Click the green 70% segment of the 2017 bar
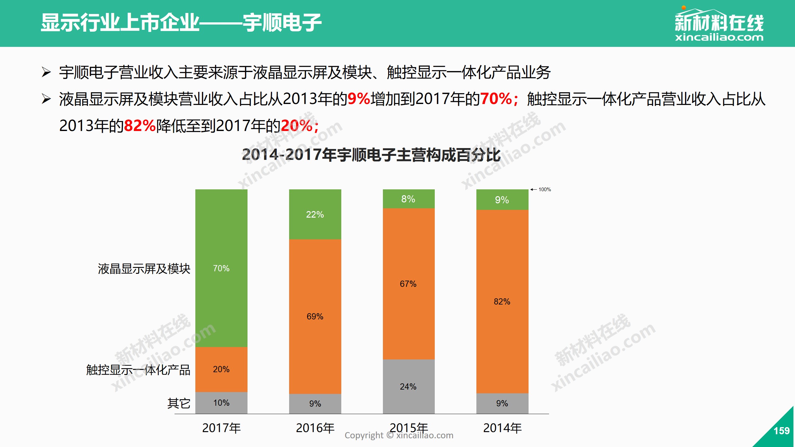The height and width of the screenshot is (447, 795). pyautogui.click(x=221, y=268)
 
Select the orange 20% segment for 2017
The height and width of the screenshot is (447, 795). pyautogui.click(x=221, y=369)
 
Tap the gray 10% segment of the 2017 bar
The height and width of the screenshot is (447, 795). pyautogui.click(x=221, y=403)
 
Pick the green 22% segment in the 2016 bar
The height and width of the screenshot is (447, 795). pyautogui.click(x=315, y=214)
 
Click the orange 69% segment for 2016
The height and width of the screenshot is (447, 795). pyautogui.click(x=315, y=316)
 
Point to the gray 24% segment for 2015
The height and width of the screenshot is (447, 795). pyautogui.click(x=408, y=386)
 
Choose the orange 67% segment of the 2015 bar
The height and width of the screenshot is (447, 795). pyautogui.click(x=408, y=284)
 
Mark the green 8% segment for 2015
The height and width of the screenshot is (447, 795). pyautogui.click(x=408, y=199)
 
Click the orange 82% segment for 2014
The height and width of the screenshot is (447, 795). pyautogui.click(x=502, y=301)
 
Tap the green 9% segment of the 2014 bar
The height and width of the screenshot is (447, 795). pyautogui.click(x=502, y=200)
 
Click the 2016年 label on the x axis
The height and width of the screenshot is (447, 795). pyautogui.click(x=315, y=428)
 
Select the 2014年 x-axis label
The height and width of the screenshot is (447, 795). pyautogui.click(x=502, y=428)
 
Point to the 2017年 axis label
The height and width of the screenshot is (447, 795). pyautogui.click(x=221, y=428)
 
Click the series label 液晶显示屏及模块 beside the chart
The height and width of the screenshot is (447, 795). pyautogui.click(x=144, y=269)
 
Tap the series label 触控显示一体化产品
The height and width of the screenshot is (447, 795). pyautogui.click(x=138, y=370)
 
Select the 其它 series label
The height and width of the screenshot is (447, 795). pyautogui.click(x=179, y=403)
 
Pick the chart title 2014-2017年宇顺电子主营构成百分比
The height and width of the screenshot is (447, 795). pyautogui.click(x=371, y=155)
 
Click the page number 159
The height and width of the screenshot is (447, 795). pyautogui.click(x=781, y=431)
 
